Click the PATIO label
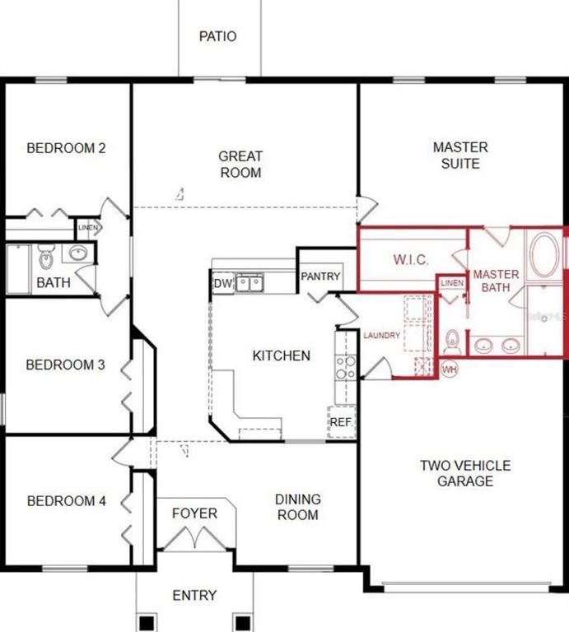[x=218, y=36]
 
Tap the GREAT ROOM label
[x=240, y=165]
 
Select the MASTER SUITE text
[x=460, y=156]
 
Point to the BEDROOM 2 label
[x=66, y=149]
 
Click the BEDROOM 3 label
[x=65, y=365]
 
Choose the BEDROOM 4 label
[x=66, y=501]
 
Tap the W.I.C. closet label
[x=410, y=260]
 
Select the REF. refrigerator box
[x=341, y=421]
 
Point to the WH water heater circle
[x=450, y=368]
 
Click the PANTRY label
[x=320, y=276]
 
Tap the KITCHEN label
[x=281, y=355]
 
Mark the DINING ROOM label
[x=297, y=507]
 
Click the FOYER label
[x=194, y=513]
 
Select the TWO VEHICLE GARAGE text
[x=465, y=473]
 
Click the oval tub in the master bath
[x=543, y=253]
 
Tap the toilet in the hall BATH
[x=45, y=259]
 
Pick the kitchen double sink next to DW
[x=250, y=284]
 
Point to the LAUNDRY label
[x=382, y=336]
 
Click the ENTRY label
[x=194, y=595]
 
